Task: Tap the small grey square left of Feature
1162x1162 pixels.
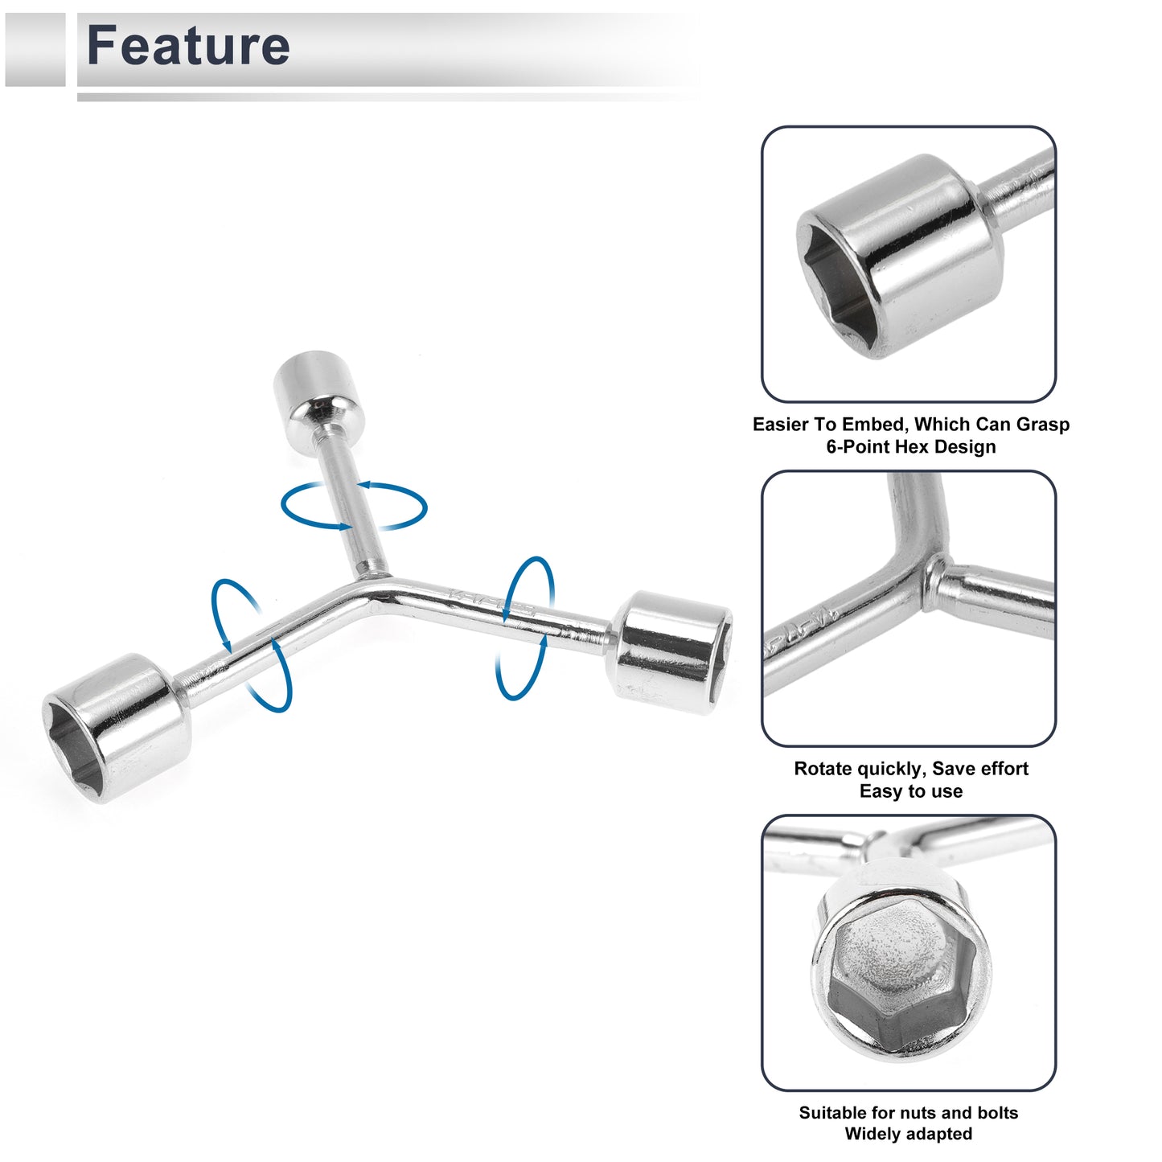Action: click(35, 50)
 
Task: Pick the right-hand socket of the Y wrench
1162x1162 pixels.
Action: click(672, 652)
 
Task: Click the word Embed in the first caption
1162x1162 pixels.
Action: click(874, 425)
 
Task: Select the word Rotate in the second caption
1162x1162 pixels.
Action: click(823, 769)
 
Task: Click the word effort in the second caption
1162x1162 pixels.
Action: click(1000, 769)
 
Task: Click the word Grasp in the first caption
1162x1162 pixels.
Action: click(1043, 425)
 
